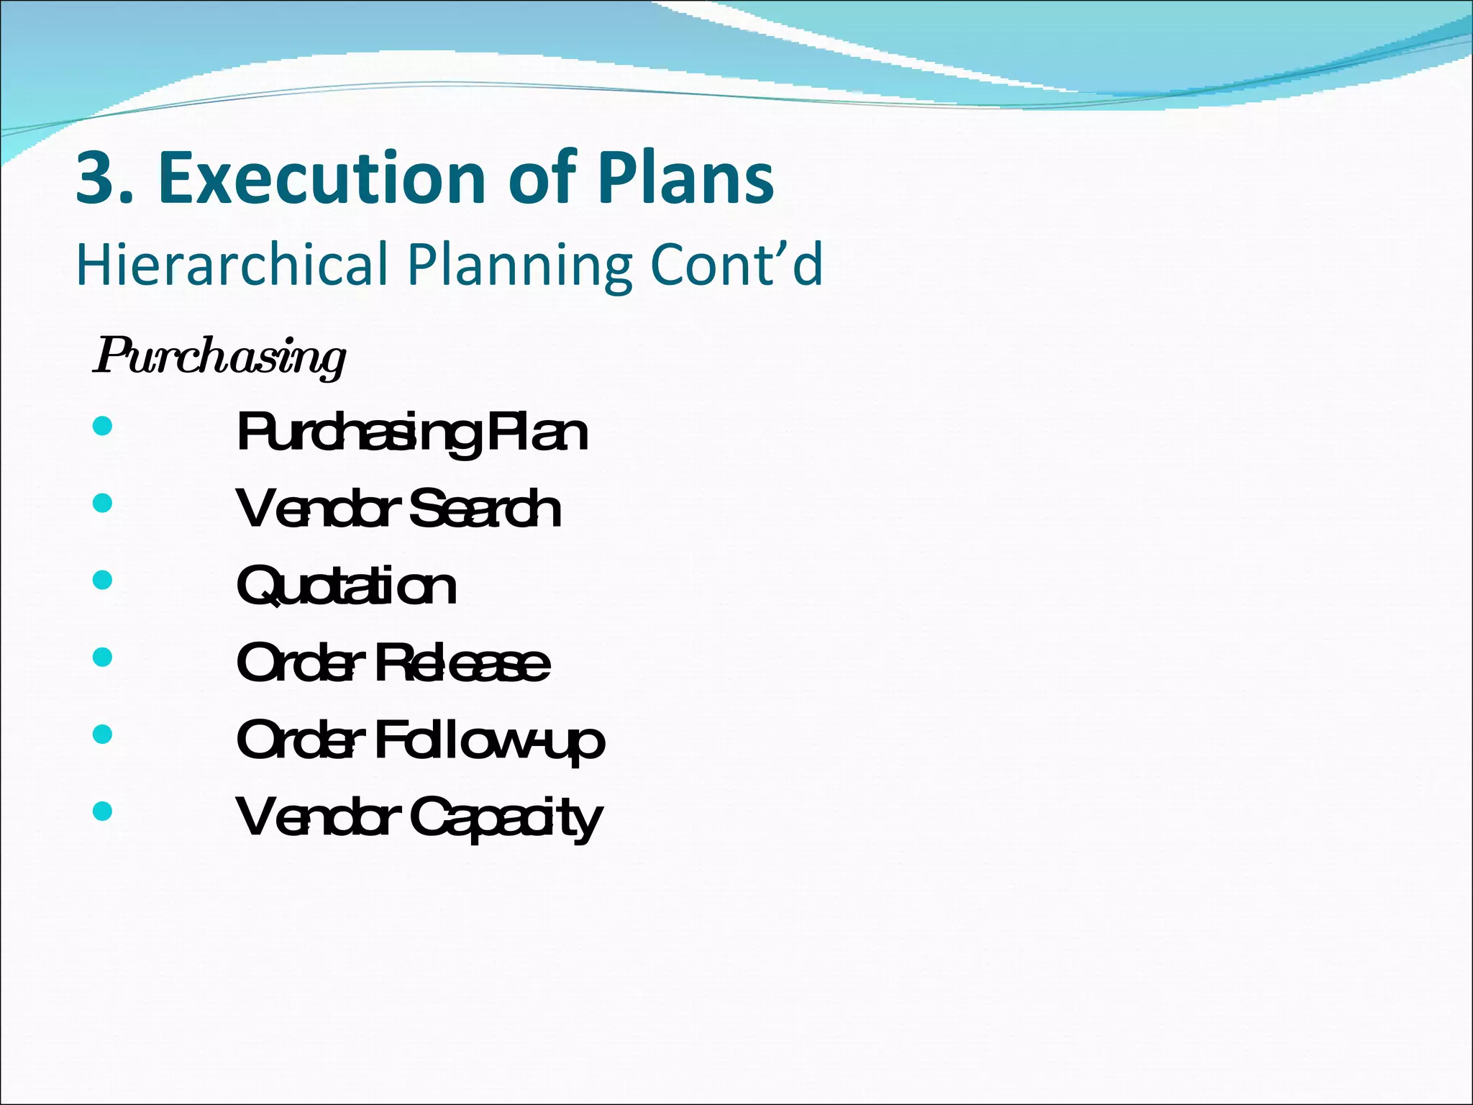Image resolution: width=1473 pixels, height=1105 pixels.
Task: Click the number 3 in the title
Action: (97, 178)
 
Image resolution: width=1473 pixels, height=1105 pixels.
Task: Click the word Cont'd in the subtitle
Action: (736, 265)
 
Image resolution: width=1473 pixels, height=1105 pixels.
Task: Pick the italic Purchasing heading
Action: (219, 357)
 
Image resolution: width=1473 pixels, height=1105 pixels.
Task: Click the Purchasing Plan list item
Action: (412, 433)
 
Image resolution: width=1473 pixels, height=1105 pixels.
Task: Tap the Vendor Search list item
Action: (398, 509)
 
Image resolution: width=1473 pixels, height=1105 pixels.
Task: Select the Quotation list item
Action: (346, 586)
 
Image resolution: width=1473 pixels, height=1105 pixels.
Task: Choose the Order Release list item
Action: (393, 663)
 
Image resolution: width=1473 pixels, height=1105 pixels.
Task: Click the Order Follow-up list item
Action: (420, 741)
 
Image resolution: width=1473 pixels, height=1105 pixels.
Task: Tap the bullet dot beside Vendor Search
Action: (103, 503)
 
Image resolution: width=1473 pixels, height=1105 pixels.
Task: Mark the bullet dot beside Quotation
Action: (103, 580)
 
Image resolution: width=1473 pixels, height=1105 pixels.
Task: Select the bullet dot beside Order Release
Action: (103, 657)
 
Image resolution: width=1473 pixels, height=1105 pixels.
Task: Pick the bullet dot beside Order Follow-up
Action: (103, 734)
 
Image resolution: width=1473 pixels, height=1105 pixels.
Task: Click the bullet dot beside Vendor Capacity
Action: (103, 811)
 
